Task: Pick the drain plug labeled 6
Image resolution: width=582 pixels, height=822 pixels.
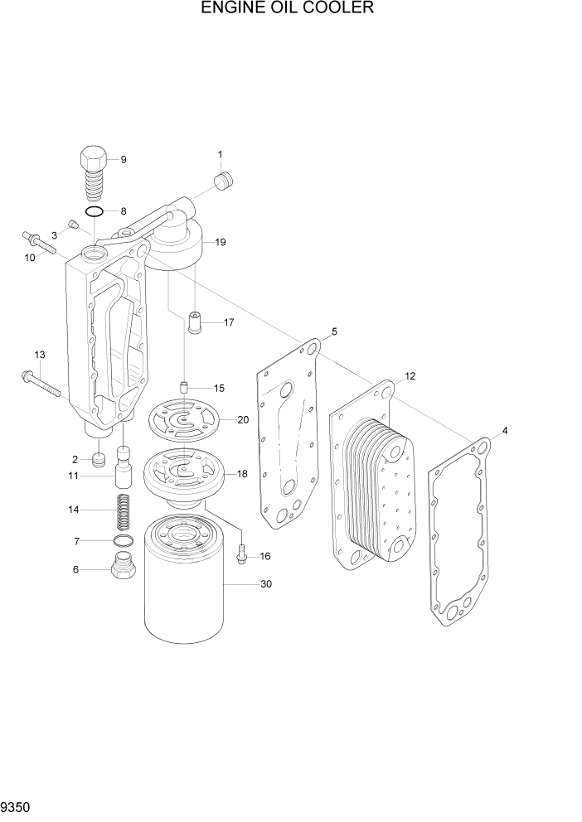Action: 124,569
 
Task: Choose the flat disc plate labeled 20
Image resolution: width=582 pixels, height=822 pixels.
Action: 189,420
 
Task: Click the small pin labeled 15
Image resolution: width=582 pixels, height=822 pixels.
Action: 187,387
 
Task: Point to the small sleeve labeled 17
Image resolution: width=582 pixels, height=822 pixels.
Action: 196,322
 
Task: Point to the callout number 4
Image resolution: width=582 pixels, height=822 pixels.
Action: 505,430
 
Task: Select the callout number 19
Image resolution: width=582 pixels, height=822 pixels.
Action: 221,243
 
